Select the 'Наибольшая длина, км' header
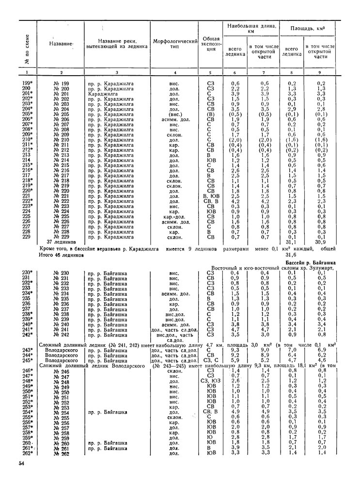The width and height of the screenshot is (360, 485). pos(250,28)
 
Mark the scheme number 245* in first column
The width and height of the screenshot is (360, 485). pos(28,360)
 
